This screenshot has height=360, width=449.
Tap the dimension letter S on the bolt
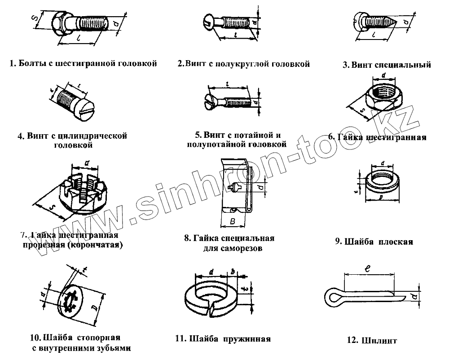[35, 18]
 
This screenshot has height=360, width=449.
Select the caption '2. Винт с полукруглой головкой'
[244, 64]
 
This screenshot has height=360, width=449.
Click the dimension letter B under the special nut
[232, 220]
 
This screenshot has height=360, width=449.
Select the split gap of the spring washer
[211, 307]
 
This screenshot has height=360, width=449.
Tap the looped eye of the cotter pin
[332, 296]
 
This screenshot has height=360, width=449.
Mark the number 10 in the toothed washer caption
[36, 338]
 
